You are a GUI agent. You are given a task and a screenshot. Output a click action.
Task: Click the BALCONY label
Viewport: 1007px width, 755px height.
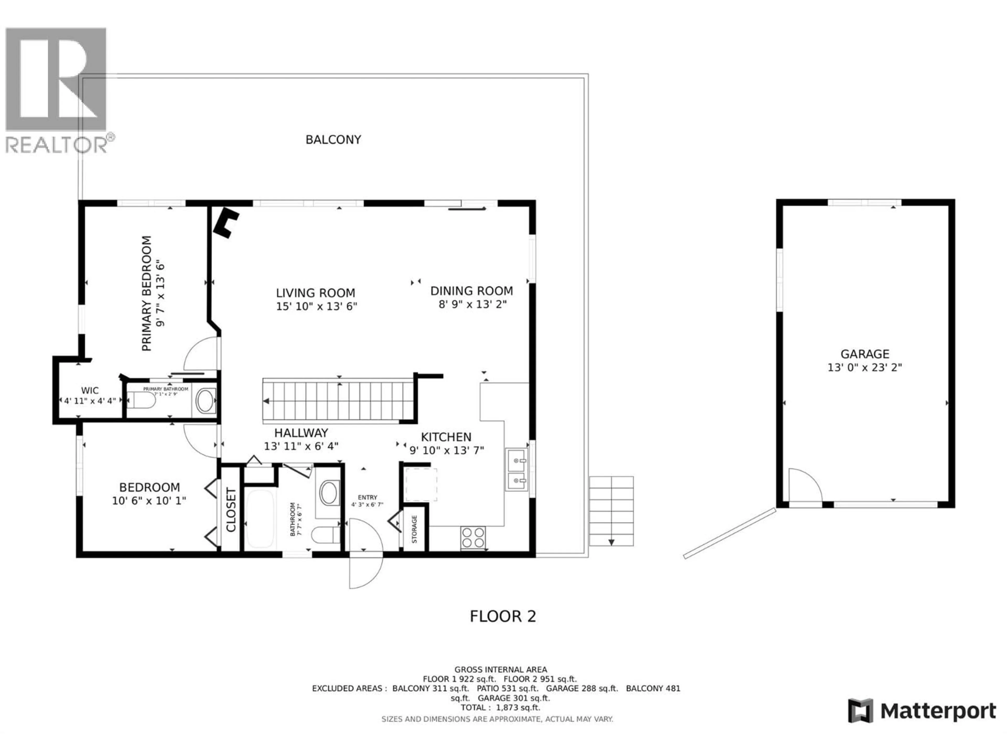point(333,140)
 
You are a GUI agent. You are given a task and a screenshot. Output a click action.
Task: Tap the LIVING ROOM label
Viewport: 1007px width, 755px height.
point(315,293)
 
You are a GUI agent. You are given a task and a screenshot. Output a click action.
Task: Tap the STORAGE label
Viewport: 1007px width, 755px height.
point(414,529)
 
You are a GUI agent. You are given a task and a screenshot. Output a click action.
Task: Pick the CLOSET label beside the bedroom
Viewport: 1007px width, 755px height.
point(231,510)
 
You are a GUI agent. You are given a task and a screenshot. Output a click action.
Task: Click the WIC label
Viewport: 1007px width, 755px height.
point(90,390)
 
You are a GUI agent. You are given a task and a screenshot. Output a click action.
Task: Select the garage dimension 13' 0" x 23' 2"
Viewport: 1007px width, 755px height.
point(865,367)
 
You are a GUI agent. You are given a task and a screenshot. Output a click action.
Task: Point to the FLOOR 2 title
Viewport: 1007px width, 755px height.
point(503,616)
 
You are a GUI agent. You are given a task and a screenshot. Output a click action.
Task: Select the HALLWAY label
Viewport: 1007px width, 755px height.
point(301,433)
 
